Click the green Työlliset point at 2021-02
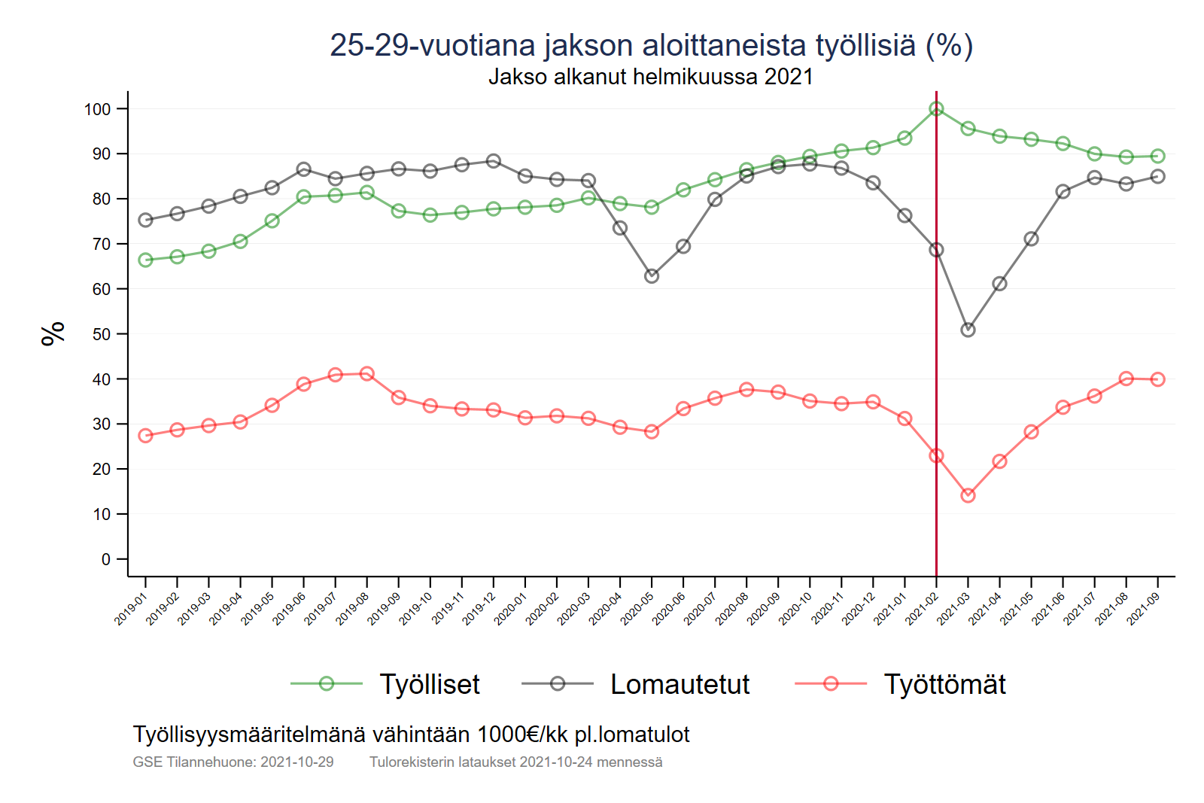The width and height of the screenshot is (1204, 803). pos(936,109)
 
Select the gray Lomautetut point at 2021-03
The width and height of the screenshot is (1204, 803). pos(968,330)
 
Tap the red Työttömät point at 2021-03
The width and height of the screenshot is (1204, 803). pos(968,495)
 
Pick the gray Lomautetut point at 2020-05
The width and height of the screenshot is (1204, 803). pos(652,276)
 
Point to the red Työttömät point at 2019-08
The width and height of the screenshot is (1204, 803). pos(367,374)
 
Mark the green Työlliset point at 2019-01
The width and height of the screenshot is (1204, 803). pos(146,260)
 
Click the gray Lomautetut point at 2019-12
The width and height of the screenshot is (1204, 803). pos(494,161)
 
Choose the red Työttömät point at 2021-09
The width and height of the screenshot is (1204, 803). pos(1157,379)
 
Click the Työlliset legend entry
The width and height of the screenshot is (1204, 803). pos(429,684)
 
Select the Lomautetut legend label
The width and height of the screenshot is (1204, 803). pos(680,684)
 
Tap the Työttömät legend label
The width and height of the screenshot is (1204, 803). pos(944,684)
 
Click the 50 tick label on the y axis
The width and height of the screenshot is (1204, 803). pos(102,334)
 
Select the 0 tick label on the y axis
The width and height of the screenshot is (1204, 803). pos(106,559)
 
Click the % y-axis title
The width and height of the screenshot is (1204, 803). pos(53,333)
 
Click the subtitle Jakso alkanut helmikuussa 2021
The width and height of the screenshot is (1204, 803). pos(651,77)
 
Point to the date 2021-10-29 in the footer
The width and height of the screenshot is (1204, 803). pos(296,762)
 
